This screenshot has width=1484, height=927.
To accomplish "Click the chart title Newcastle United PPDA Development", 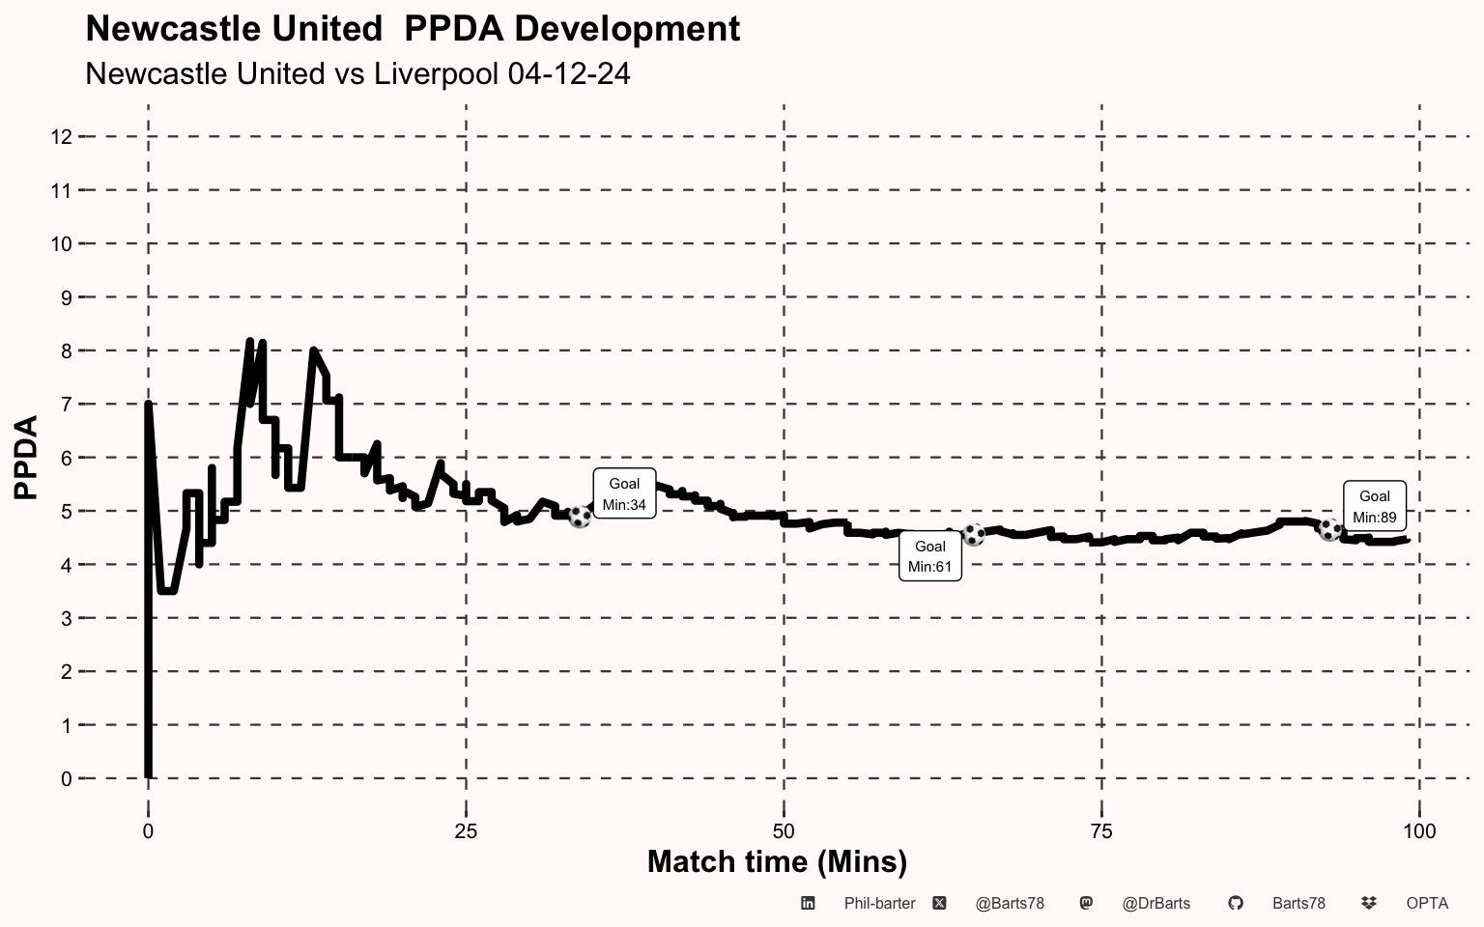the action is tap(413, 29).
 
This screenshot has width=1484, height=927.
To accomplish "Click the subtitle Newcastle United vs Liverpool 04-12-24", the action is tap(357, 73).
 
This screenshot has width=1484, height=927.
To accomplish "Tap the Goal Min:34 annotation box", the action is tap(624, 493).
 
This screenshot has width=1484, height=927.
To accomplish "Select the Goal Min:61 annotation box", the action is tap(930, 556).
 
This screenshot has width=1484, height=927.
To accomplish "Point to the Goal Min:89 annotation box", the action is tap(1375, 506).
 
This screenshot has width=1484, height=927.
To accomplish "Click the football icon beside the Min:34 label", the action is tap(580, 517).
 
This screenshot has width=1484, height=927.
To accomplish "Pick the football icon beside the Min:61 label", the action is tap(974, 534).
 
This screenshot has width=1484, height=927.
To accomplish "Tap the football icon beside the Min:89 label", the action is tap(1329, 530).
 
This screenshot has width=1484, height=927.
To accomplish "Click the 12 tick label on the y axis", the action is tap(61, 137).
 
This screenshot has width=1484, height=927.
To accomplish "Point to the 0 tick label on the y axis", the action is tap(66, 779).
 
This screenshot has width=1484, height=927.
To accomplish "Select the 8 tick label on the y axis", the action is tap(66, 351).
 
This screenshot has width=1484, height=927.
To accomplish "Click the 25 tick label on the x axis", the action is tap(466, 831).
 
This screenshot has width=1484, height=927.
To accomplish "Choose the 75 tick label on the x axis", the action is tap(1101, 831).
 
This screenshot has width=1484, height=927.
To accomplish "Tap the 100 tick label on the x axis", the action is tap(1419, 831).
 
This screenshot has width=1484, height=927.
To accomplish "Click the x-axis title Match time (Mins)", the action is tap(777, 862).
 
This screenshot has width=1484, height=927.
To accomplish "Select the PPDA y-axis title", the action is tap(26, 458).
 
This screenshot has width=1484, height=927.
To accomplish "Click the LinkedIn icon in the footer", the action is tap(808, 903).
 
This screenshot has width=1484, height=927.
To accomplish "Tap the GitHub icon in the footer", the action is tap(1236, 903).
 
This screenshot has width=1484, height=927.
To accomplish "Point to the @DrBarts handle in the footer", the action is tap(1156, 904).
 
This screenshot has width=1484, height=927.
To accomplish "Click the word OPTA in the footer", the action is tap(1427, 904).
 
